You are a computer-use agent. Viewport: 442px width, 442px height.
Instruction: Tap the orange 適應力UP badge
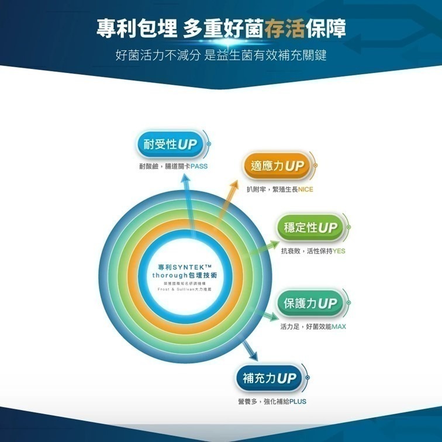tap(277, 167)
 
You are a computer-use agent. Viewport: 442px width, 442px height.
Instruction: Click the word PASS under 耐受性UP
tap(198, 167)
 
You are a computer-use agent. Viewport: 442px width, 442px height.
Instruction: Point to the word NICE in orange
tap(305, 189)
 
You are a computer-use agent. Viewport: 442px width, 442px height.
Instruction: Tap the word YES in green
tap(339, 251)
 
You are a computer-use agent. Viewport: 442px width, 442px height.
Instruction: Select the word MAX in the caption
tap(338, 327)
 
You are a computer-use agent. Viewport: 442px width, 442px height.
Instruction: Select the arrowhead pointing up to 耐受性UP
tap(185, 178)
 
